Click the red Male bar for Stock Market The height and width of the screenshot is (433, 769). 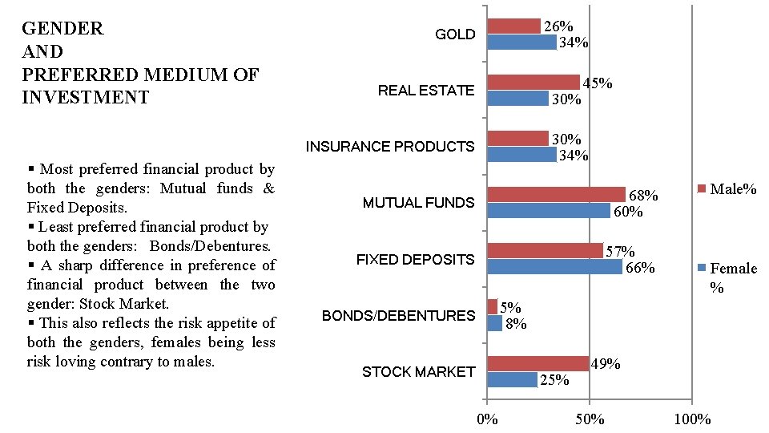point(537,364)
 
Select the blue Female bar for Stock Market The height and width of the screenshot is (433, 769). point(513,379)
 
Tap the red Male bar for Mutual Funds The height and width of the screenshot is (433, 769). point(557,195)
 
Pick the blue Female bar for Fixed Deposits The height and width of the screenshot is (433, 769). point(554,267)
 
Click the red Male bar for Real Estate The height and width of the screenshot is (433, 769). point(533,82)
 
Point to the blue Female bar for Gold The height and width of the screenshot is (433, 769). point(521,42)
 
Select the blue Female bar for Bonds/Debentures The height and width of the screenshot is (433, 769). point(495,323)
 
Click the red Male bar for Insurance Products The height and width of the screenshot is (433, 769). point(517,139)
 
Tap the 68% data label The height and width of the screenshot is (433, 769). point(643,196)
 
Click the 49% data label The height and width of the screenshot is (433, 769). point(606,364)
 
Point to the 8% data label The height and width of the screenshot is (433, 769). point(516,324)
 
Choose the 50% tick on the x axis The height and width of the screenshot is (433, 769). point(589,419)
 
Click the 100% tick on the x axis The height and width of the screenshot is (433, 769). point(692,419)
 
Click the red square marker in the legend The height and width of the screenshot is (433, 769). point(703,189)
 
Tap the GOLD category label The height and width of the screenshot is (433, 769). point(455,34)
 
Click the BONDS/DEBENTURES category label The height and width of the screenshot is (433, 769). point(398,316)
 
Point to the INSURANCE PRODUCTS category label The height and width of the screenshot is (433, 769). point(389,147)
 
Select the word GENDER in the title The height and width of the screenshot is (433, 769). point(62,29)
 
